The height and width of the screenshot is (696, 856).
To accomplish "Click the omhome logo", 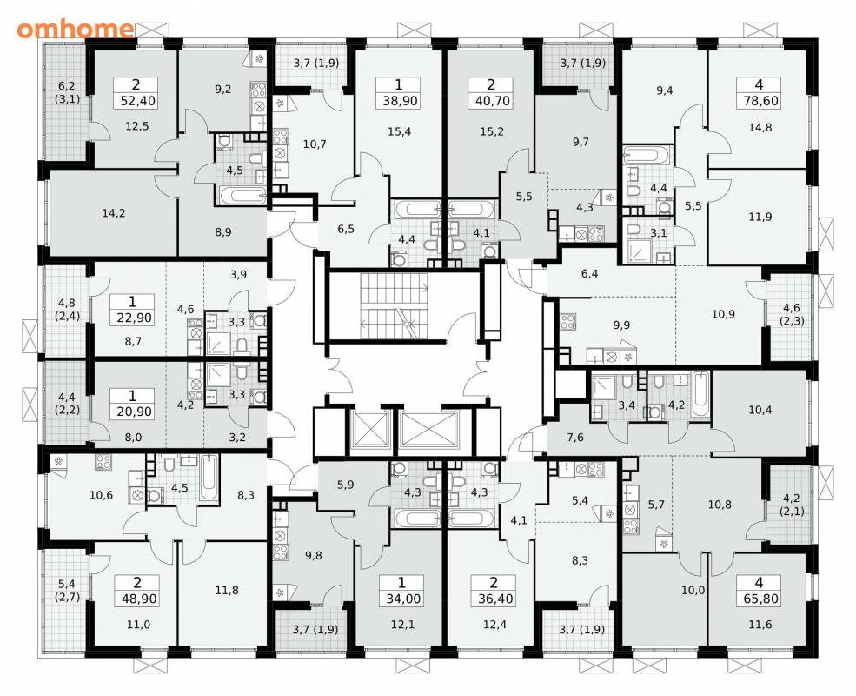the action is click(x=76, y=30).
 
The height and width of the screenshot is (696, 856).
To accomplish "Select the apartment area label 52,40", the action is click(x=136, y=101).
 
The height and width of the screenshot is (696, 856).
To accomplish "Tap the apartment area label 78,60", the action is click(x=760, y=101).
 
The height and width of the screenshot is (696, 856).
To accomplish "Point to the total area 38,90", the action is click(x=400, y=101).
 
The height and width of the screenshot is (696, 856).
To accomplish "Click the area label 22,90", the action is click(x=134, y=318).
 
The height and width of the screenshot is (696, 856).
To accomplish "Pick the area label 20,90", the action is click(x=134, y=412).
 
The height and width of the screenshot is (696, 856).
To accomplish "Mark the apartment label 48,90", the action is click(x=136, y=599).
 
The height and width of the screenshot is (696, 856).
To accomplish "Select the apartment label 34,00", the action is click(x=402, y=599).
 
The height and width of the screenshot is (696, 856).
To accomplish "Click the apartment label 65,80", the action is click(x=759, y=599).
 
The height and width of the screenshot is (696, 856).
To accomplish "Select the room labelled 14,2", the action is click(x=114, y=213).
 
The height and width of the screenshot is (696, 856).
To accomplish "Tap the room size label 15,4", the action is click(x=400, y=131).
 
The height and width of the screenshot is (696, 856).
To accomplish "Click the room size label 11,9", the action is click(x=760, y=217).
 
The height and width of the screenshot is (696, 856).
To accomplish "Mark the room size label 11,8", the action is click(x=227, y=591).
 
